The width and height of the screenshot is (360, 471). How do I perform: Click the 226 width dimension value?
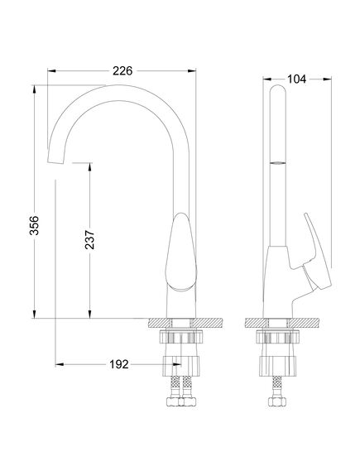(122, 71)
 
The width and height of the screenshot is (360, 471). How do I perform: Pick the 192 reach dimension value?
(119, 363)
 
